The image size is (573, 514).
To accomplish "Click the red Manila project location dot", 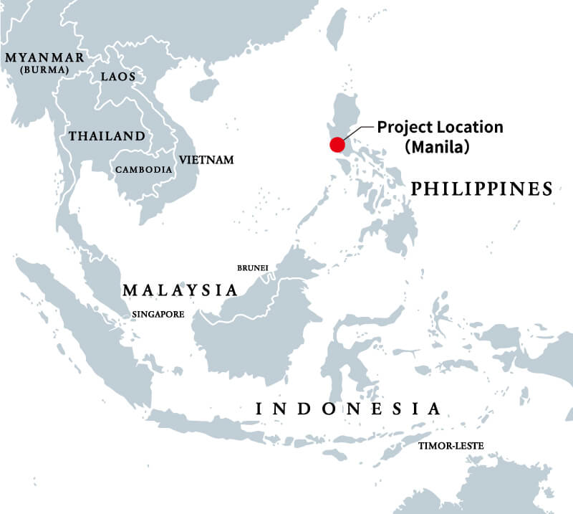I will (x=337, y=144).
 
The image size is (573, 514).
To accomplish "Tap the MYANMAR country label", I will (x=44, y=57).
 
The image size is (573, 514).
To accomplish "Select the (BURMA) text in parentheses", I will (x=44, y=70).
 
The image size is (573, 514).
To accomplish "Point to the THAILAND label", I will (x=106, y=135).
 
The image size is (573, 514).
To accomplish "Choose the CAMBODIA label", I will (x=143, y=170).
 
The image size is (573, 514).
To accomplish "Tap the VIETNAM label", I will (x=206, y=159).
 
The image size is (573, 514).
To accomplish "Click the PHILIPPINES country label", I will (x=482, y=189).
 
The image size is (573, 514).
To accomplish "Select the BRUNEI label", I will (x=252, y=268).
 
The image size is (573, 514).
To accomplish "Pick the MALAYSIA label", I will (x=179, y=290).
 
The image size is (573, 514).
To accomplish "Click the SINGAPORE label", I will (x=158, y=314).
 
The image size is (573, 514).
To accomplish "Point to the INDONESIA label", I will (x=348, y=409).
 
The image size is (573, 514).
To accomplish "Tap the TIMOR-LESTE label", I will (x=451, y=446).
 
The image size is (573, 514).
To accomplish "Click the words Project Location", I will (x=440, y=128).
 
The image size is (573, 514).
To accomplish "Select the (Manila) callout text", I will (x=436, y=148).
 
